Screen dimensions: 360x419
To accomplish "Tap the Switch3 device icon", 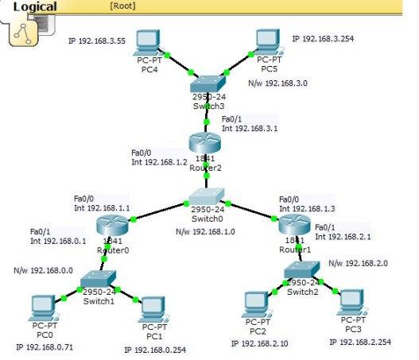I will (x=208, y=85).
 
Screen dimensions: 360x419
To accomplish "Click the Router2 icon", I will (x=204, y=144).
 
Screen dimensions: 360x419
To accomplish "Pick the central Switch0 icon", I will (x=207, y=197).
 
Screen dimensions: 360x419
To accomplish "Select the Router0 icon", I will (x=111, y=226).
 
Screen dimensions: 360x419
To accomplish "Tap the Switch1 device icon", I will (x=99, y=278).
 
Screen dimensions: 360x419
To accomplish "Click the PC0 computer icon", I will (x=43, y=307).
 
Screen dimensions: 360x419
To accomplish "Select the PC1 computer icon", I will (x=153, y=308).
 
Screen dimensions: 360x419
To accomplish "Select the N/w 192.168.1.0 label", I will (x=205, y=233).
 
